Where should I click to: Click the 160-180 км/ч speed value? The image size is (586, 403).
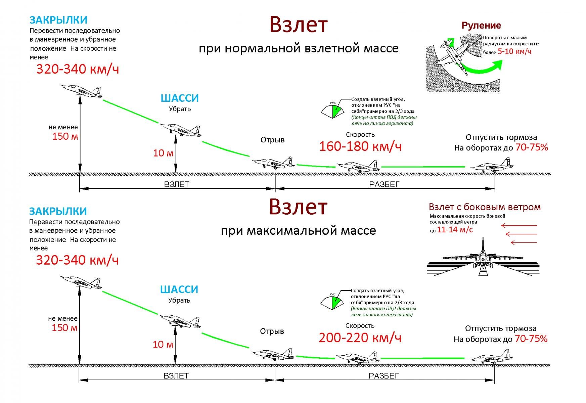(360, 146)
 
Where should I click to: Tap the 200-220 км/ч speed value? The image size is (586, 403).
(360, 338)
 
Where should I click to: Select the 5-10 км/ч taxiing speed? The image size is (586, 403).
(514, 51)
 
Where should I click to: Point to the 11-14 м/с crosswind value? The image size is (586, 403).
(455, 230)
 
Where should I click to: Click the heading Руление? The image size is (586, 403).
(481, 26)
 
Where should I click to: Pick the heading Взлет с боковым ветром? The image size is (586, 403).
(485, 207)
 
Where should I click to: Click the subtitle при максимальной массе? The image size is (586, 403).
(298, 231)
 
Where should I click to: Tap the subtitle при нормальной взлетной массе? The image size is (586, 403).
(299, 48)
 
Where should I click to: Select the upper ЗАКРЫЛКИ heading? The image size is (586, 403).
(58, 20)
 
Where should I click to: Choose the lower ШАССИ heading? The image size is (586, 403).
(179, 289)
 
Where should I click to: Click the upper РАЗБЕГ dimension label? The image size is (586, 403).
(385, 184)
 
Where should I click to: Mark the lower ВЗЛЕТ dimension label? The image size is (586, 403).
(176, 376)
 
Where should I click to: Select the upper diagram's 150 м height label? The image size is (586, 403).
(65, 136)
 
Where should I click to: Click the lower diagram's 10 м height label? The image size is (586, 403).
(163, 345)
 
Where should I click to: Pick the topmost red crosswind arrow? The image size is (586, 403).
(519, 225)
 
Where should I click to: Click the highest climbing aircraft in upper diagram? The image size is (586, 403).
(82, 91)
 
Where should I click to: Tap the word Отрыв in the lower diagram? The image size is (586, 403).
(272, 331)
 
